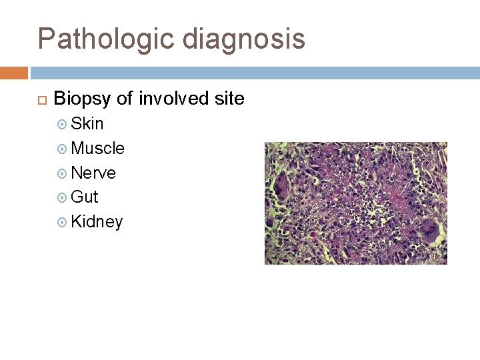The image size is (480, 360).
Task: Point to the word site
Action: pyautogui.click(x=229, y=99)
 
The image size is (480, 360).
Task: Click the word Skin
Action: pyautogui.click(x=87, y=124)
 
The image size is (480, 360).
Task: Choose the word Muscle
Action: pyautogui.click(x=97, y=148)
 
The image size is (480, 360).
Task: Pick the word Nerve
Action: pyautogui.click(x=93, y=173)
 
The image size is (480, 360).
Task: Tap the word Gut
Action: pyautogui.click(x=84, y=197)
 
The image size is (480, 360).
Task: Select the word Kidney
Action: pyautogui.click(x=97, y=222)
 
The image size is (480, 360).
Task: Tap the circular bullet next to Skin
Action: pyautogui.click(x=63, y=125)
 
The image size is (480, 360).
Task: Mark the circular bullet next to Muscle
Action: pyautogui.click(x=63, y=149)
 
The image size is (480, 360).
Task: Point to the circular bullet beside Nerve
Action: pyautogui.click(x=63, y=173)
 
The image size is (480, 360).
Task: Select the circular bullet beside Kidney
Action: pyautogui.click(x=63, y=222)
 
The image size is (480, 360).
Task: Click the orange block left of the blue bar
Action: pyautogui.click(x=13, y=73)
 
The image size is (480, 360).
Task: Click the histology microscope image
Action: pyautogui.click(x=355, y=203)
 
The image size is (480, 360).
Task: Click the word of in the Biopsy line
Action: pyautogui.click(x=125, y=99)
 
